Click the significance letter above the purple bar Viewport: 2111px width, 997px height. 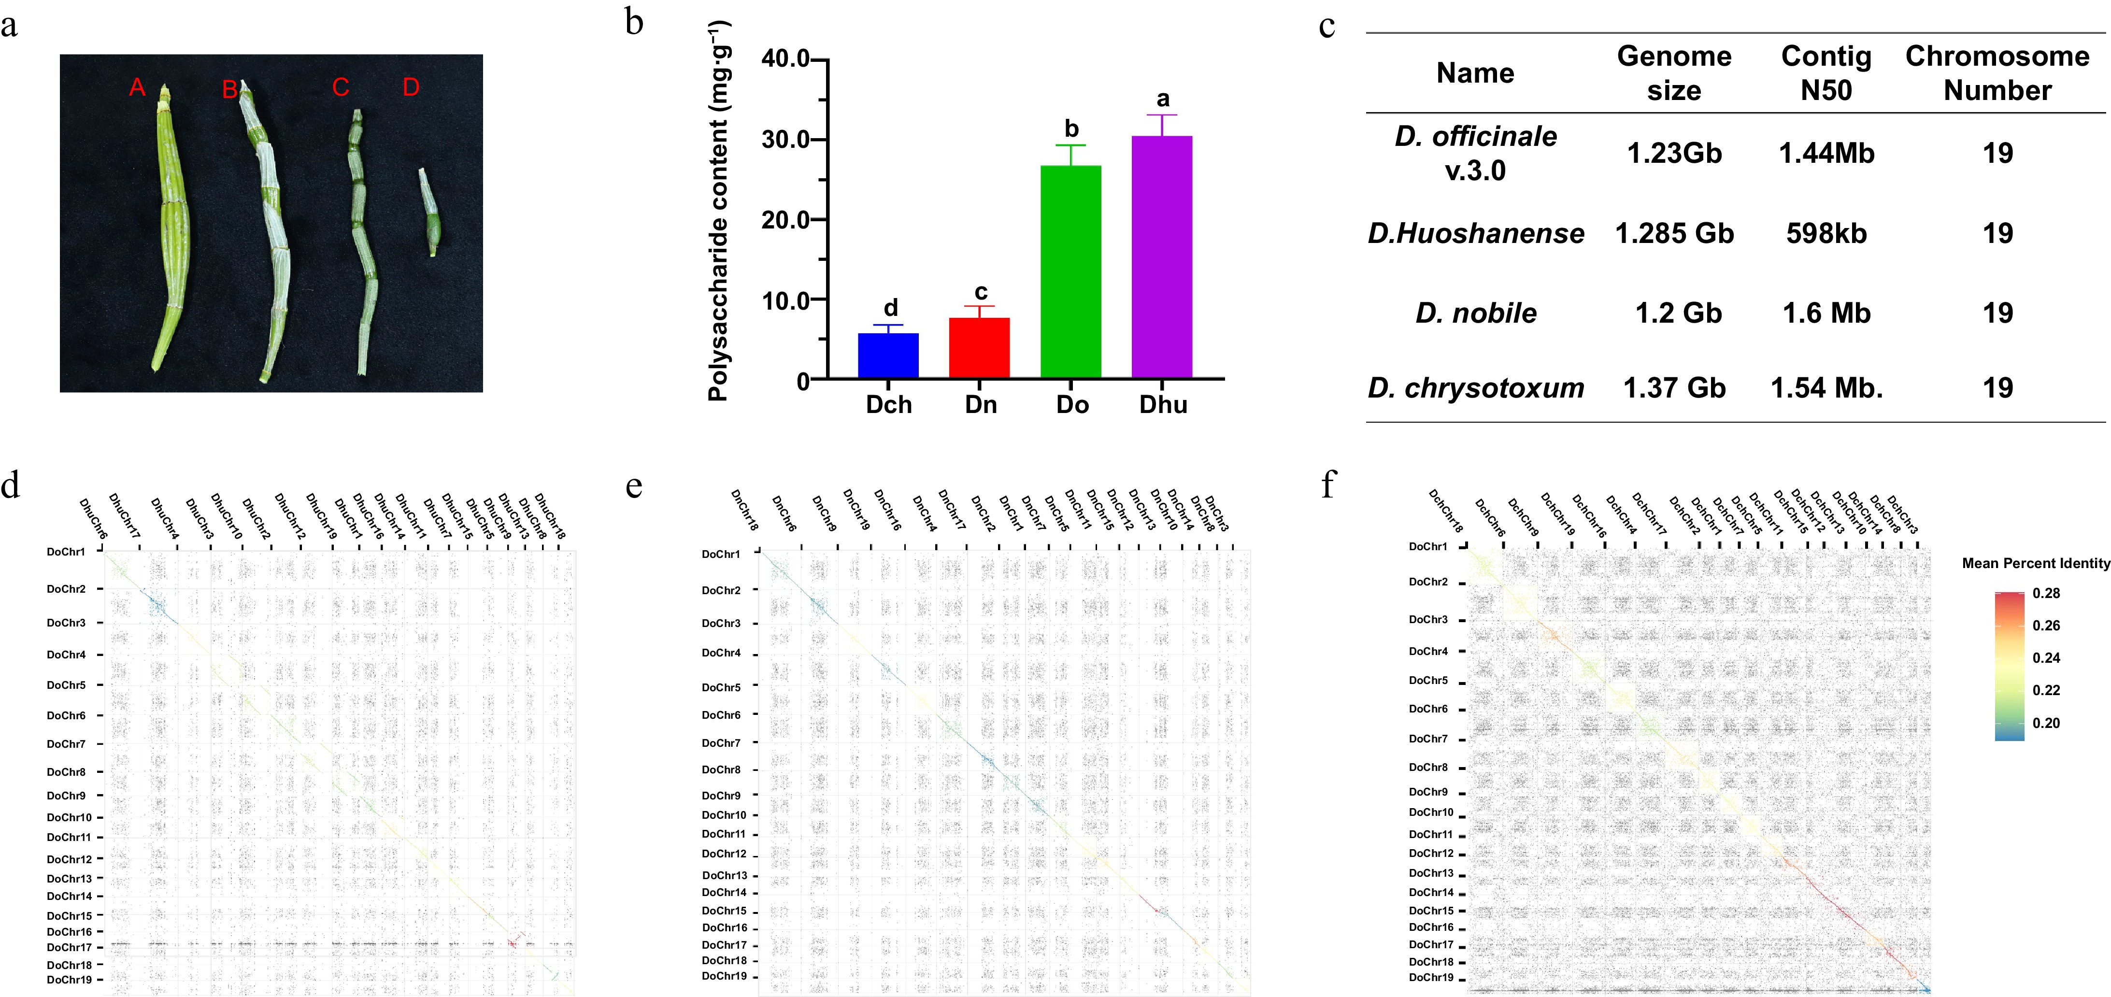click(1162, 99)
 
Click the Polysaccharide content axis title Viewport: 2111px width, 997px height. click(719, 212)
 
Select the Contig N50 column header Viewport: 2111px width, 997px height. click(1826, 73)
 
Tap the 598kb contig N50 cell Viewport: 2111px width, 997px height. click(1826, 233)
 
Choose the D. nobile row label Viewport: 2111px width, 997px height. click(1475, 313)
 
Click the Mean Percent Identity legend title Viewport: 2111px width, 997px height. click(2035, 563)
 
